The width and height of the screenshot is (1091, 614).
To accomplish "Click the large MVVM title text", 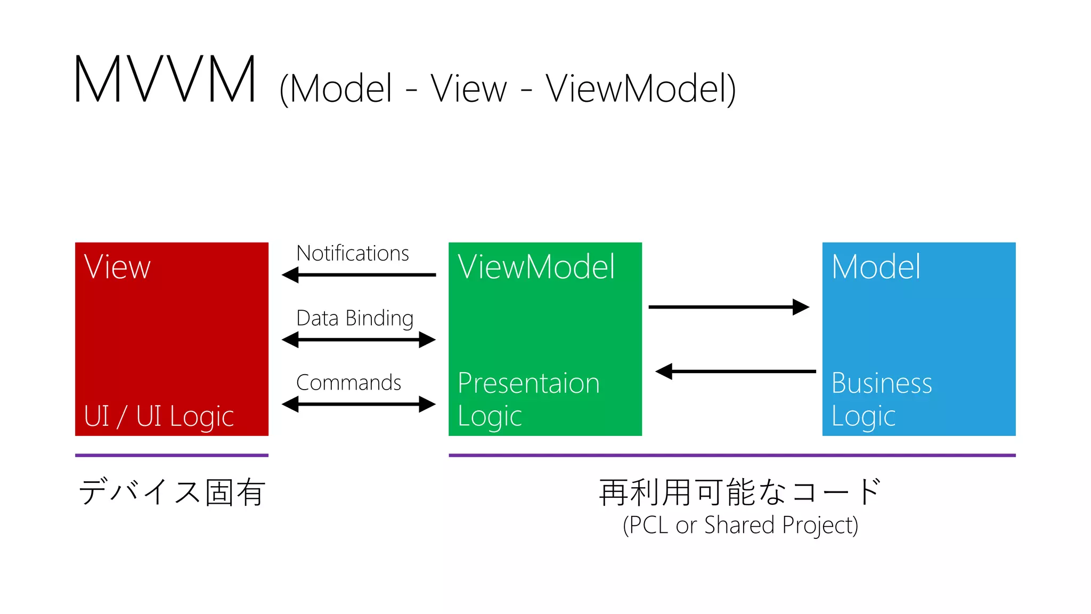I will coord(165,80).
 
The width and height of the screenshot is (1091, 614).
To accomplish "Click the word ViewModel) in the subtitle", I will coord(641,89).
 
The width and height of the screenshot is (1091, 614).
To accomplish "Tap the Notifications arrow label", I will coord(353,253).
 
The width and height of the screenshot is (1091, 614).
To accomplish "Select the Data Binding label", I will coord(355,318).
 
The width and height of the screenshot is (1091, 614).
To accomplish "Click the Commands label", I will coord(348,383).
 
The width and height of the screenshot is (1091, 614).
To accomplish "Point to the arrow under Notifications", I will coord(359,275).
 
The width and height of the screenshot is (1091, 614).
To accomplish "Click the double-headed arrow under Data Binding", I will coord(359,340).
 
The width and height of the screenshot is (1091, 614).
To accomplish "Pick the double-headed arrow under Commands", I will coord(359,405).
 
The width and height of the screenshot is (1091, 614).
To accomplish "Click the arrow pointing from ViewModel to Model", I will coord(729,307).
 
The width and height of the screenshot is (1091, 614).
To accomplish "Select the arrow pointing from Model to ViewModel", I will coord(735,371).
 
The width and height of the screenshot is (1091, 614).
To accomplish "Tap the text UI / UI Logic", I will coord(159,416).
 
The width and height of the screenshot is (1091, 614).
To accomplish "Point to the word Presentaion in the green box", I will coord(528,383).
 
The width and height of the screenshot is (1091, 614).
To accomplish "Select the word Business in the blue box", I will coord(882,383).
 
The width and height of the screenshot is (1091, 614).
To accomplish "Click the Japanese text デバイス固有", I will coord(172,491).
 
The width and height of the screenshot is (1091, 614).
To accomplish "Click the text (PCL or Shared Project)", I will coord(740,526).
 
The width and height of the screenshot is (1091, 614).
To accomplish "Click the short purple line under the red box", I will coord(172,455).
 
